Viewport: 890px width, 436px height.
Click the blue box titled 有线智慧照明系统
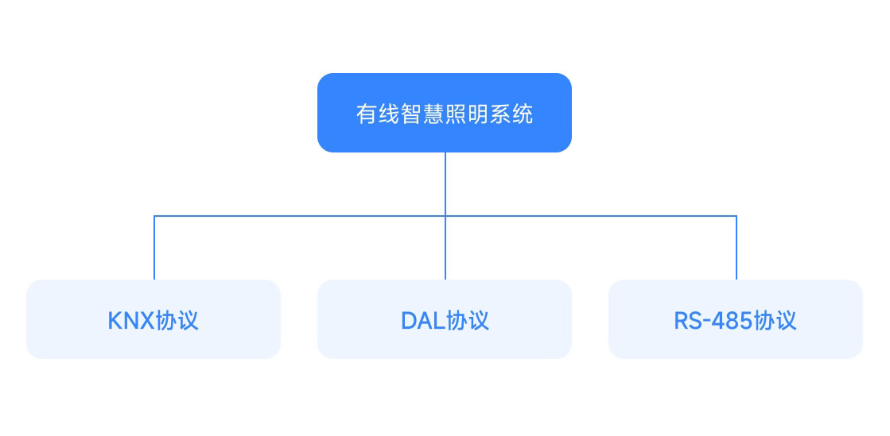click(x=445, y=113)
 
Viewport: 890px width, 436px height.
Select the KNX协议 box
click(x=154, y=319)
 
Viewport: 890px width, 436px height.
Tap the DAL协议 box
click(x=445, y=319)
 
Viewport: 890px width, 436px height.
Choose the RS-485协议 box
click(x=736, y=319)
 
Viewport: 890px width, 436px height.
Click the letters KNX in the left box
click(x=131, y=321)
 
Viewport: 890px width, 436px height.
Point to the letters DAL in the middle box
click(x=423, y=321)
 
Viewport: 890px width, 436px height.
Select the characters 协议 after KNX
click(x=177, y=320)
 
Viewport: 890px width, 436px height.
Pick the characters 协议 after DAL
click(x=468, y=320)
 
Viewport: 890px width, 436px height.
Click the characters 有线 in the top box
click(x=378, y=114)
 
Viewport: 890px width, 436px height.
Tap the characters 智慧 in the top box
click(x=422, y=114)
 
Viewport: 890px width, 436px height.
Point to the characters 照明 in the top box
click(x=467, y=114)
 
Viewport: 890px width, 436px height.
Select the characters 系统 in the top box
click(x=511, y=114)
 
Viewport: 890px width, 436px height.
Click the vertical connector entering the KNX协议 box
click(x=154, y=248)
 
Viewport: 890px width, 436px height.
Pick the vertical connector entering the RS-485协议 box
click(x=736, y=248)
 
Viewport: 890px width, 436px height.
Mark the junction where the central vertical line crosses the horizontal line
click(x=445, y=216)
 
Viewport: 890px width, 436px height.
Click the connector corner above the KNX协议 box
click(x=154, y=216)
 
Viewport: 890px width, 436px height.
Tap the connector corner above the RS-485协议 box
click(x=736, y=216)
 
